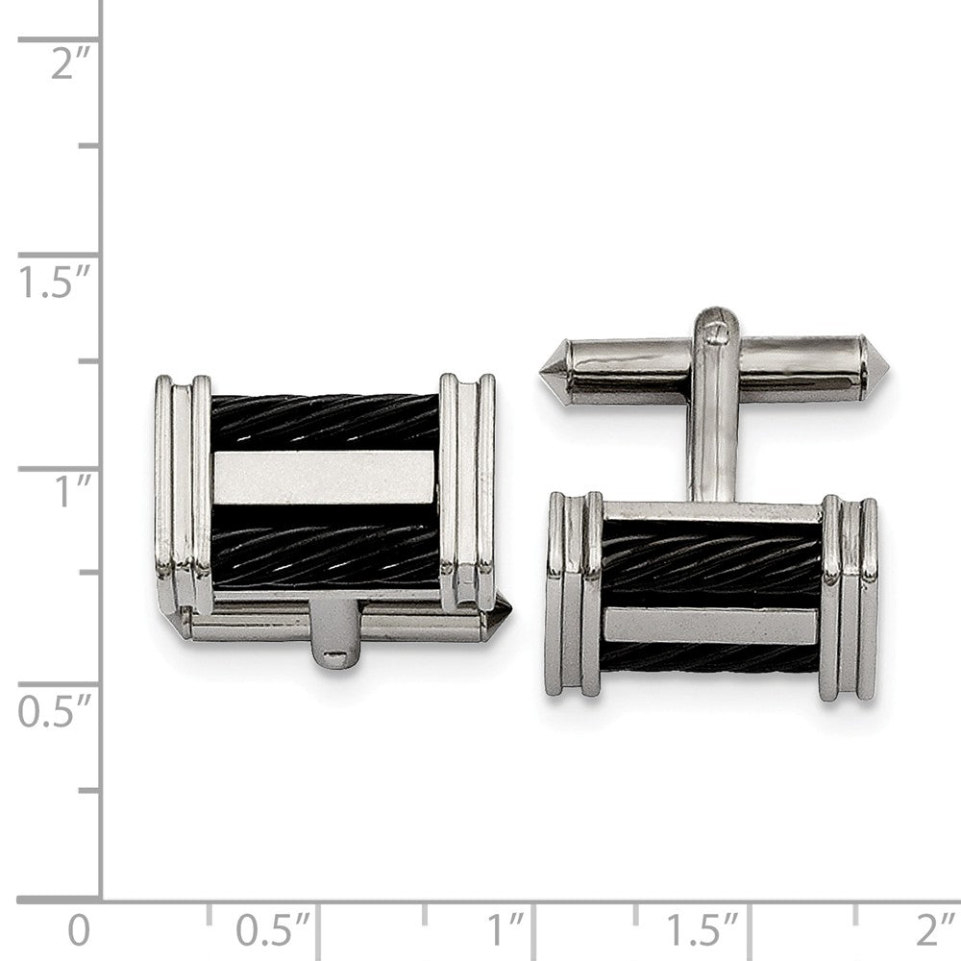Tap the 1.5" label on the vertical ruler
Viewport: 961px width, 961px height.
56,284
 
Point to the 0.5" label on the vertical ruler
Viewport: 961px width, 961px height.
56,712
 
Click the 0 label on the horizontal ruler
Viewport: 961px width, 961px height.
80,930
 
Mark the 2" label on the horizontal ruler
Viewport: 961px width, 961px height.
933,930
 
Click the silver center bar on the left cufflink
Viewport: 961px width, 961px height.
325,478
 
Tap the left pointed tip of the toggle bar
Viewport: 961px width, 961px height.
555,371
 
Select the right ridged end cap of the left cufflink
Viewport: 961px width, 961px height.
467,490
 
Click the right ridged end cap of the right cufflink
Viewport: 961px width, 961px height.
850,598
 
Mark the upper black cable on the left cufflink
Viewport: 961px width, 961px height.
325,420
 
